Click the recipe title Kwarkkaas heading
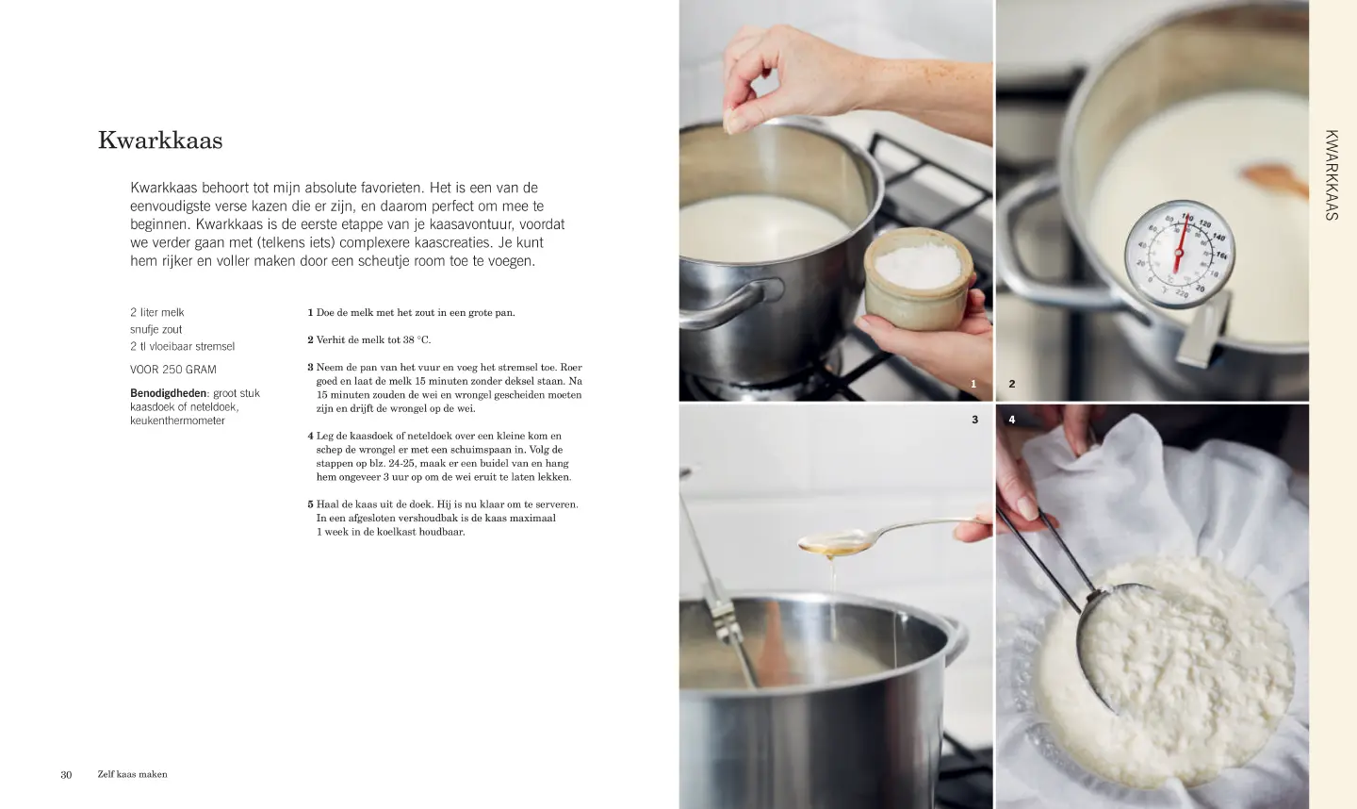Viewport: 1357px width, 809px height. (160, 140)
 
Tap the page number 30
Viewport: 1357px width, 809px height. (66, 774)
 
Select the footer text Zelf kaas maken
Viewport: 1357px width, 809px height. (132, 774)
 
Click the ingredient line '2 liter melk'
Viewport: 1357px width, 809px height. (156, 312)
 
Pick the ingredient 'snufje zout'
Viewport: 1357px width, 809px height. (155, 329)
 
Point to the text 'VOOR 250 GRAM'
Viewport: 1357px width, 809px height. (172, 369)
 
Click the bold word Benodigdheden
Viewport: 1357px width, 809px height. (168, 392)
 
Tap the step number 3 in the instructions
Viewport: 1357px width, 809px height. (310, 367)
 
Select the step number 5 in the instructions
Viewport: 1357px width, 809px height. (310, 504)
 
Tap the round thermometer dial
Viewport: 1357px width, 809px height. (1180, 254)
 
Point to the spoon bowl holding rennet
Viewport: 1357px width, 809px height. (835, 542)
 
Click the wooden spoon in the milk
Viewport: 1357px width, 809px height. (1274, 179)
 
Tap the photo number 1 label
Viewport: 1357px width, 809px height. (973, 384)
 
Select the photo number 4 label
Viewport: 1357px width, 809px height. (1012, 420)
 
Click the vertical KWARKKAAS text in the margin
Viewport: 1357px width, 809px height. (1332, 175)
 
